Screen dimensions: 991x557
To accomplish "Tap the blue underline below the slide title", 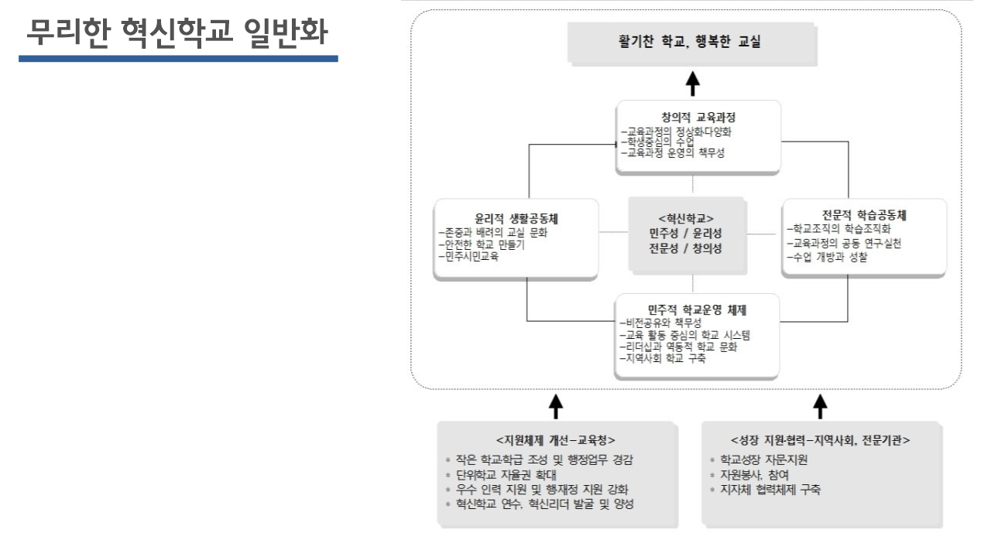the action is point(178,58).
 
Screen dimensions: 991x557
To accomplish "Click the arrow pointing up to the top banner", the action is point(694,84).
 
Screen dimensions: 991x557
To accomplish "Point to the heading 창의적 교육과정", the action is point(694,118).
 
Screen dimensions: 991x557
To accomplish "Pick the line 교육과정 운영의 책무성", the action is point(674,153).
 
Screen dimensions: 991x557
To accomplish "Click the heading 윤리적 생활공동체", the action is point(517,218).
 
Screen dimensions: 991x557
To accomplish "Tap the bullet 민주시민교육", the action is point(468,257).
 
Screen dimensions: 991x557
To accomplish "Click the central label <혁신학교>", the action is point(687,218).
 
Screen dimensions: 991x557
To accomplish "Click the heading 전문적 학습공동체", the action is point(864,214).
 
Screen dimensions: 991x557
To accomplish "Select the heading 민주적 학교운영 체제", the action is point(692,309).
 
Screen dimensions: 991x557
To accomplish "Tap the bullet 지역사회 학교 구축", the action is point(663,359).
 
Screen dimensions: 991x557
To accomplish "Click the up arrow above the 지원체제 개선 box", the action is point(555,405).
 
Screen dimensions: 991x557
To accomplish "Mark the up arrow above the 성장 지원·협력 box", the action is point(821,405).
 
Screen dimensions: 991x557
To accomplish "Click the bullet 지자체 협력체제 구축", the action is point(771,490).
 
